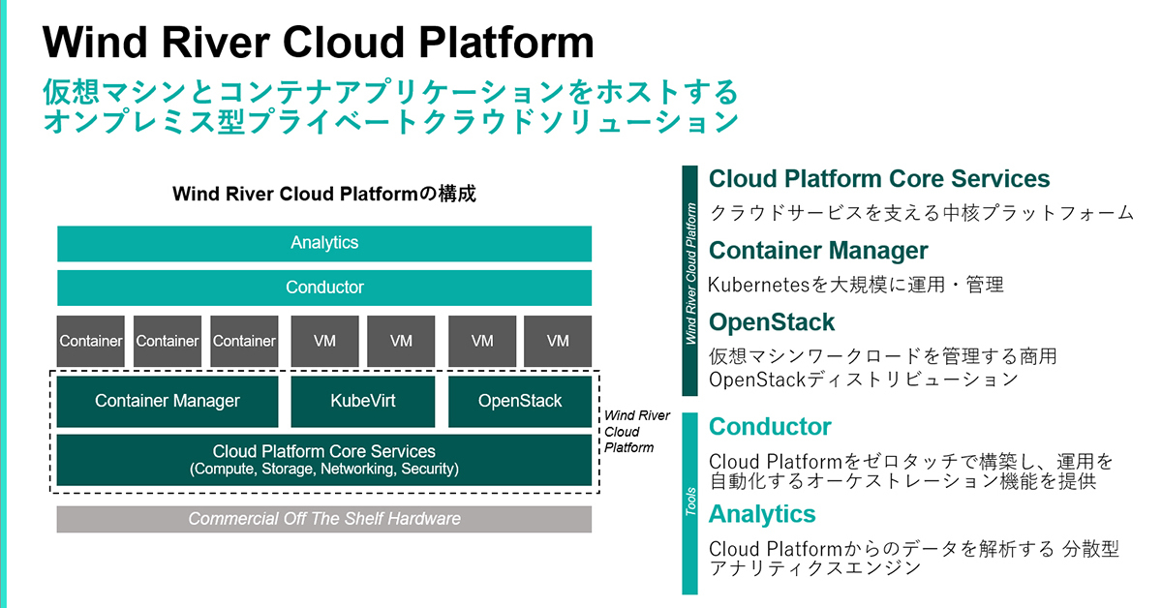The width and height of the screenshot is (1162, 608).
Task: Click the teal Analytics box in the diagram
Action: click(x=324, y=243)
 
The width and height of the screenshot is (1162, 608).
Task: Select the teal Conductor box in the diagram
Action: click(x=324, y=288)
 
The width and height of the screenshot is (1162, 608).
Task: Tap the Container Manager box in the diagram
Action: click(x=167, y=401)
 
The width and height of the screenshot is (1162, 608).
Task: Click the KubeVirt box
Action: click(x=362, y=401)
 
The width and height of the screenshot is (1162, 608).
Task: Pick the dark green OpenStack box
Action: click(x=520, y=401)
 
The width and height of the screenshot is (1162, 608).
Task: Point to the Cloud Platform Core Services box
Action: click(x=324, y=460)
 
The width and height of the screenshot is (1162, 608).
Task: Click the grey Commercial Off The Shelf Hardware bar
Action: click(x=324, y=519)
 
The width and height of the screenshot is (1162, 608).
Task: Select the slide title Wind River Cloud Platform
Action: click(x=318, y=42)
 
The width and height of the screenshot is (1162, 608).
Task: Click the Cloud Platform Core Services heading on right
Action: click(x=879, y=179)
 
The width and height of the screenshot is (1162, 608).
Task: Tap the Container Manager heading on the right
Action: click(x=818, y=251)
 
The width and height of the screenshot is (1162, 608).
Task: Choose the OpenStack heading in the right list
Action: click(x=772, y=322)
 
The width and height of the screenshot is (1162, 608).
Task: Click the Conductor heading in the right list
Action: click(x=770, y=427)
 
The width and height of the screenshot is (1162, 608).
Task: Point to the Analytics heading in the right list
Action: click(x=762, y=514)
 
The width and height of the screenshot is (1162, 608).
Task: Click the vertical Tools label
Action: click(x=689, y=502)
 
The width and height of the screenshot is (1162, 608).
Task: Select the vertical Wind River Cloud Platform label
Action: click(x=689, y=274)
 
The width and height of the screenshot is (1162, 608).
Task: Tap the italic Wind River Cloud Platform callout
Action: click(x=636, y=432)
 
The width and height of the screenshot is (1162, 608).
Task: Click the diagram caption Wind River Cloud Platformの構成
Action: click(x=324, y=194)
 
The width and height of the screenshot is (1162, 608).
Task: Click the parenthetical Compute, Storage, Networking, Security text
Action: click(x=324, y=469)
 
